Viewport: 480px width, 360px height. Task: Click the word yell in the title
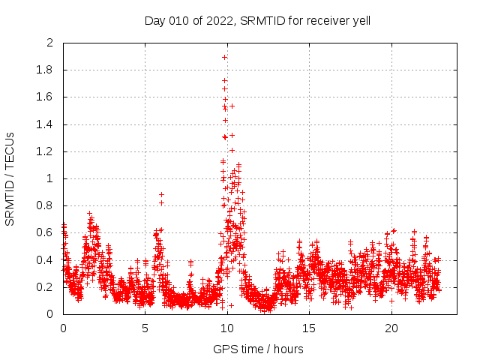(x=358, y=21)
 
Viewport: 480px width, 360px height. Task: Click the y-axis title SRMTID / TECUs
(x=10, y=178)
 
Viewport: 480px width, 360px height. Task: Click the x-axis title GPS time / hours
(x=257, y=349)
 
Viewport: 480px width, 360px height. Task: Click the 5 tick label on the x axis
(x=145, y=328)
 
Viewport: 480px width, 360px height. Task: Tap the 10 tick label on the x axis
(x=226, y=328)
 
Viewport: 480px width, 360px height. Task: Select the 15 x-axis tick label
(x=309, y=328)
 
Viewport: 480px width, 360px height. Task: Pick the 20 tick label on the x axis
(x=391, y=328)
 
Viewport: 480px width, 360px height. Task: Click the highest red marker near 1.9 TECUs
(x=224, y=57)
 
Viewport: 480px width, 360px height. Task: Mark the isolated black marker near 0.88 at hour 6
(x=161, y=195)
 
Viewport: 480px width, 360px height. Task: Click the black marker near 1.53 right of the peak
(x=232, y=106)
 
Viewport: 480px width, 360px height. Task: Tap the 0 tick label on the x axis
(x=63, y=328)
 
